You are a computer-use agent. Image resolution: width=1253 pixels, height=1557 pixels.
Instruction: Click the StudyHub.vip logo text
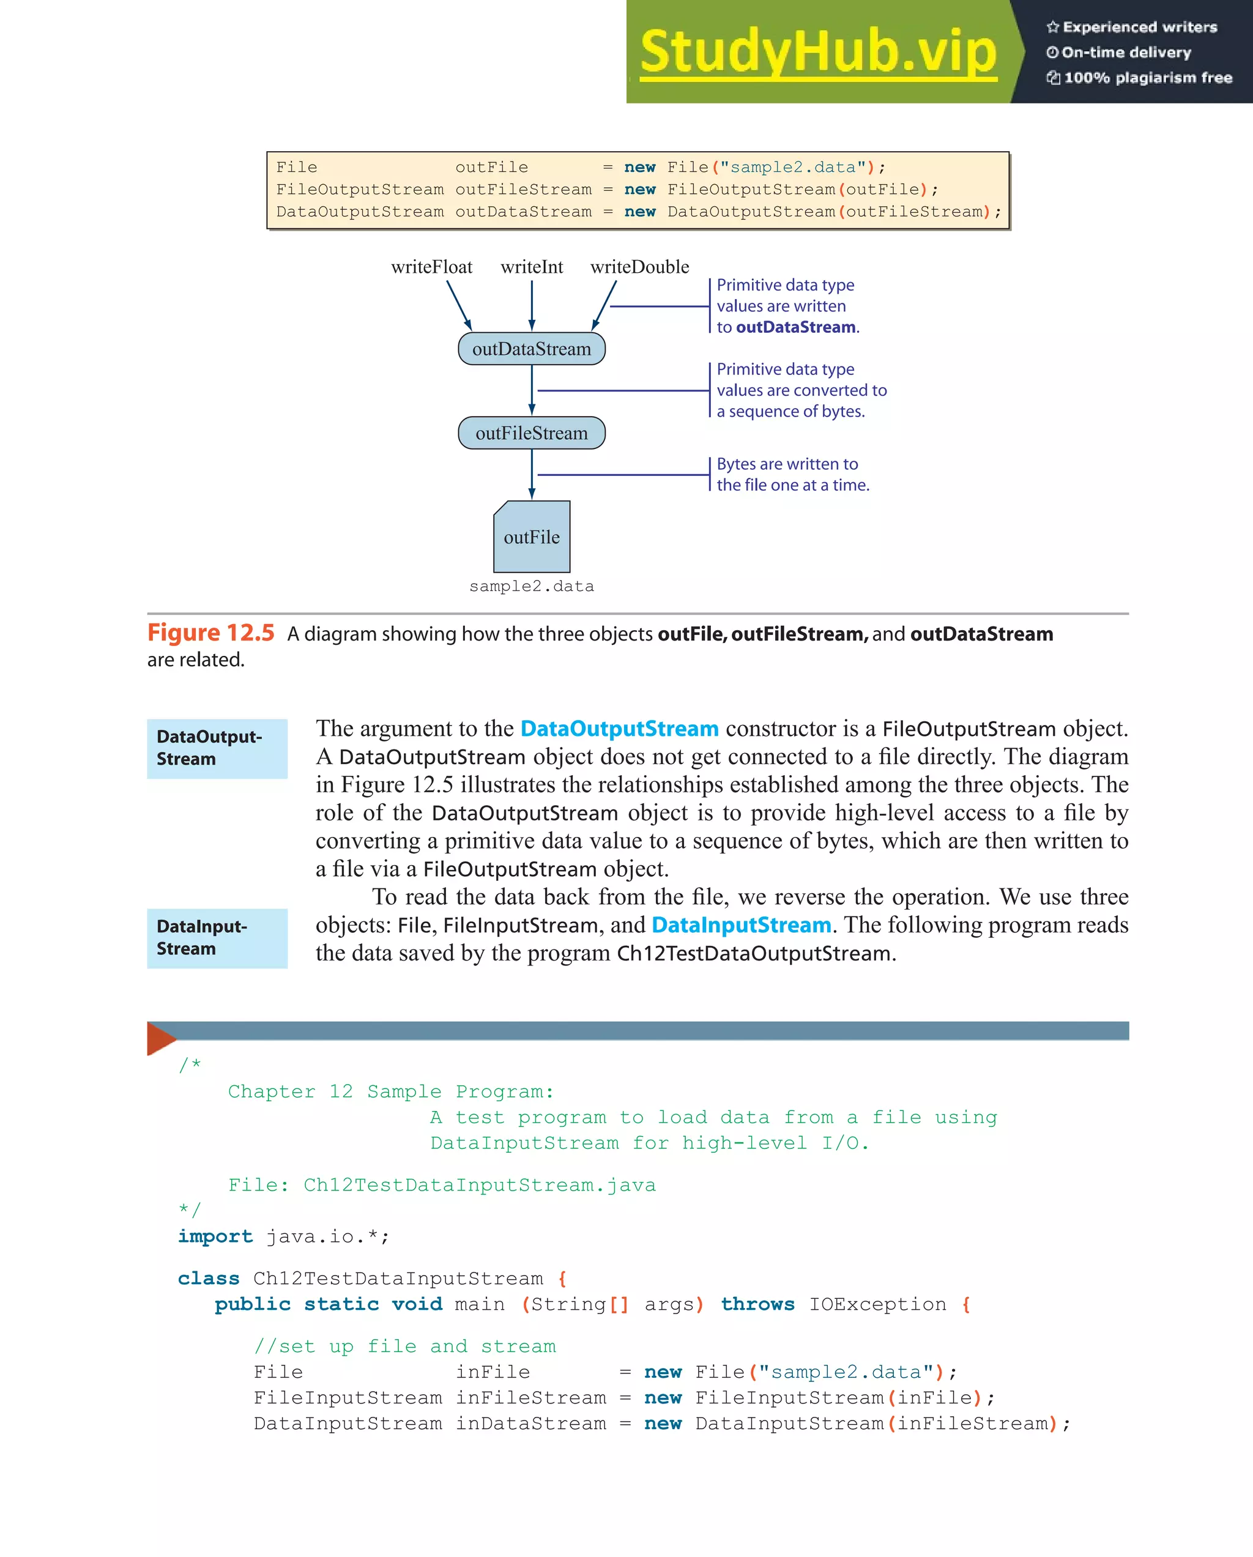pyautogui.click(x=817, y=52)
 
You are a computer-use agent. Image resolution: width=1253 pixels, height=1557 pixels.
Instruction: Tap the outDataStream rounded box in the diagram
pyautogui.click(x=532, y=349)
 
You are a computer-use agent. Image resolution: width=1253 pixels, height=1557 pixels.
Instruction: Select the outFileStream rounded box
pyautogui.click(x=532, y=433)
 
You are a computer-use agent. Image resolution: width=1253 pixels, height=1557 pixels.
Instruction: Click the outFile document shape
pyautogui.click(x=532, y=537)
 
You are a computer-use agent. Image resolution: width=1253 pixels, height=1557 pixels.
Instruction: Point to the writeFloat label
pyautogui.click(x=431, y=267)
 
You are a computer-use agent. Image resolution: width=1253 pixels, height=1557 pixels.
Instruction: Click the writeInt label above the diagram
pyautogui.click(x=532, y=267)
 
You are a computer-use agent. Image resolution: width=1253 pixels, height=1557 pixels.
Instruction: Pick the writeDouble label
pyautogui.click(x=639, y=267)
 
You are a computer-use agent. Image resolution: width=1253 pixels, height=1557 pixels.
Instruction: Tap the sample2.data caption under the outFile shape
pyautogui.click(x=532, y=587)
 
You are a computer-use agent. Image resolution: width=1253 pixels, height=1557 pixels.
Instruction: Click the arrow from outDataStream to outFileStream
pyautogui.click(x=532, y=390)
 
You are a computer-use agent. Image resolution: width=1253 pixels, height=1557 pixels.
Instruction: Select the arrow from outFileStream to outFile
pyautogui.click(x=532, y=475)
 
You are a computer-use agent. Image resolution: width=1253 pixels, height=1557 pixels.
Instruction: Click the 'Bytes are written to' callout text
pyautogui.click(x=787, y=464)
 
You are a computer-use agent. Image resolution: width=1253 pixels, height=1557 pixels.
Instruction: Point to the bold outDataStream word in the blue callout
pyautogui.click(x=795, y=327)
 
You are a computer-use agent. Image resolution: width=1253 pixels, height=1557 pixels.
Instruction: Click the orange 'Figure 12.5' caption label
pyautogui.click(x=211, y=633)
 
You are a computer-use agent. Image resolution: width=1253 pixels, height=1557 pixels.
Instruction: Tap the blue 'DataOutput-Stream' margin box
pyautogui.click(x=217, y=748)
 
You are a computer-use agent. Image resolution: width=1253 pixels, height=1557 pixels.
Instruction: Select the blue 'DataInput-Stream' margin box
pyautogui.click(x=217, y=938)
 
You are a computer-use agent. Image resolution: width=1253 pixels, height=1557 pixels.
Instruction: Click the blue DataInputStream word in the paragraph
pyautogui.click(x=741, y=925)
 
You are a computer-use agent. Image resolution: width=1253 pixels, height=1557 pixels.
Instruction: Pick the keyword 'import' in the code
pyautogui.click(x=215, y=1236)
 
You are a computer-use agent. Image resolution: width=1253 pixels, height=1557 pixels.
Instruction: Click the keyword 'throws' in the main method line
pyautogui.click(x=757, y=1304)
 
